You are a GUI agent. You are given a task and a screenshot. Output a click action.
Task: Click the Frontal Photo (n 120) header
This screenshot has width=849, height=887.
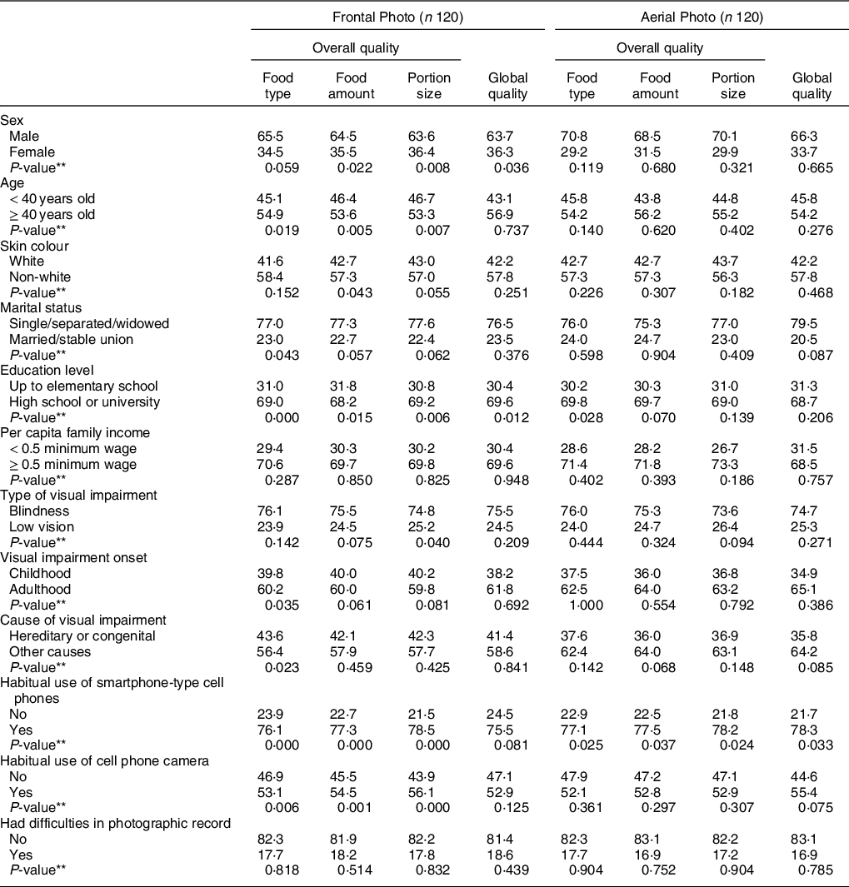(398, 16)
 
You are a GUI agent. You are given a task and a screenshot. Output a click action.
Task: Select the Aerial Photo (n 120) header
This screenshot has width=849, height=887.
(702, 16)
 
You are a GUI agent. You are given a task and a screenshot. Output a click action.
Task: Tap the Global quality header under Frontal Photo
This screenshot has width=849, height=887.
(507, 86)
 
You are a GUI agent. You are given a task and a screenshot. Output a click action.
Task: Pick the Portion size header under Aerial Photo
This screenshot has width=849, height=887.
(733, 86)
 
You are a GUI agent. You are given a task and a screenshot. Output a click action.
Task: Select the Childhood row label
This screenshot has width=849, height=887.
(40, 573)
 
